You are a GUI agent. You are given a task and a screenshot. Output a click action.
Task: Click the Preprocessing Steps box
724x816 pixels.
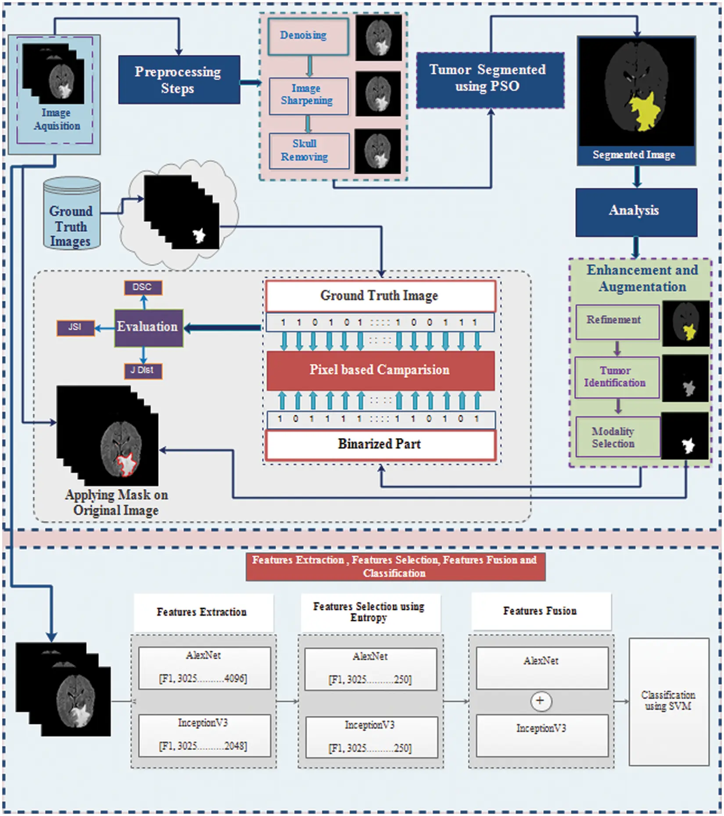[179, 79]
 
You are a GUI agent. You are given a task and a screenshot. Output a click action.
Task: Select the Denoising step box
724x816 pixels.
[308, 36]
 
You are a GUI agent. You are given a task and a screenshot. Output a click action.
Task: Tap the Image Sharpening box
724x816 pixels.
[308, 95]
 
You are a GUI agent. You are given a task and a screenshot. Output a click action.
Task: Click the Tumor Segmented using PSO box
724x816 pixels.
[490, 80]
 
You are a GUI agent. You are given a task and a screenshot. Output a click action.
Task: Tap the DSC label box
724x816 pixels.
[143, 288]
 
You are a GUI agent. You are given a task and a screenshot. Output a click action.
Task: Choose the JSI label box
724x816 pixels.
[75, 327]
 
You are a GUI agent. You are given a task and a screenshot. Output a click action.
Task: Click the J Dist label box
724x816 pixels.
[143, 371]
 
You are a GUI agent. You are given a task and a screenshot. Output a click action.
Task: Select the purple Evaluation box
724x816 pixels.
[148, 327]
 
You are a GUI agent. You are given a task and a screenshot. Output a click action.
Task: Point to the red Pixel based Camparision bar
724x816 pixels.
[380, 370]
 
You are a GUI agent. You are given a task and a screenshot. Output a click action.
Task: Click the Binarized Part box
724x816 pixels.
[380, 444]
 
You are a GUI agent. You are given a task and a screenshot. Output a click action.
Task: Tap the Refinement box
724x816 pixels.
[616, 321]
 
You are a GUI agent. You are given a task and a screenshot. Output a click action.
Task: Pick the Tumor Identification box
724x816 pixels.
[616, 377]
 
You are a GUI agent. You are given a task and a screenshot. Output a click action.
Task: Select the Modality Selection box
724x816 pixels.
[616, 437]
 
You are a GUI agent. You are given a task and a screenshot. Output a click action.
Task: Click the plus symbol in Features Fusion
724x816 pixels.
[540, 701]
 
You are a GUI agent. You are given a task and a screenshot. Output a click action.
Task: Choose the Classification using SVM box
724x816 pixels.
[668, 701]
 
